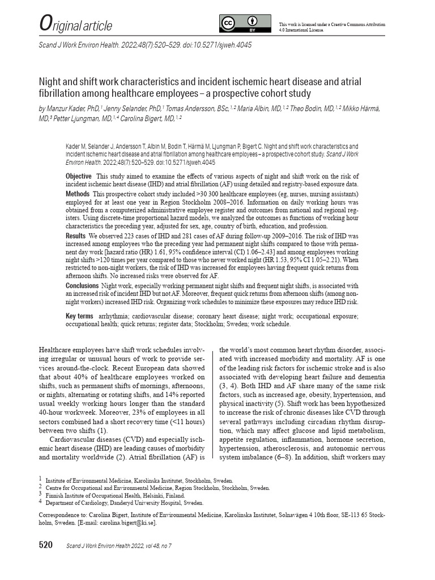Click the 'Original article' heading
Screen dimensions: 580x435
pos(75,25)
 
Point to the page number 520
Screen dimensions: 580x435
pos(46,545)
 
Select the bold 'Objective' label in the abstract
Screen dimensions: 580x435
pos(78,176)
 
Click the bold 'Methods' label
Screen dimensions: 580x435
pos(78,194)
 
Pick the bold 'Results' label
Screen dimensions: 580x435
pos(76,235)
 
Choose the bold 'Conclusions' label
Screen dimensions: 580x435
pos(82,285)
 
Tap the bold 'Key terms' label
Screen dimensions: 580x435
pos(79,316)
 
